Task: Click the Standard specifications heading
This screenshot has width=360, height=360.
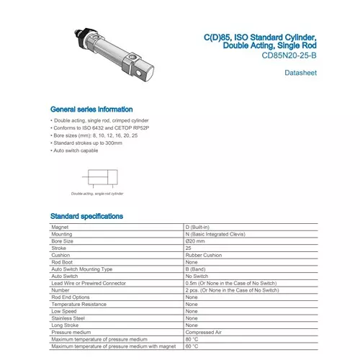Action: [86, 216]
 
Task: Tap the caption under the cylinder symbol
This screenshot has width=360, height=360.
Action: [97, 194]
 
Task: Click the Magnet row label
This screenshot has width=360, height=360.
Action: [60, 228]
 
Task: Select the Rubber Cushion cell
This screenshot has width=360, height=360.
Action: [202, 255]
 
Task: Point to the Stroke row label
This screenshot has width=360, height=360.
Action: [59, 248]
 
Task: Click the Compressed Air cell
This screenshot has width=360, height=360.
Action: [203, 332]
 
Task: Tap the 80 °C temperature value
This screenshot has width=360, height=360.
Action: [192, 339]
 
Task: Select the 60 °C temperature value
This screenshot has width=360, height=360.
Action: [192, 346]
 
